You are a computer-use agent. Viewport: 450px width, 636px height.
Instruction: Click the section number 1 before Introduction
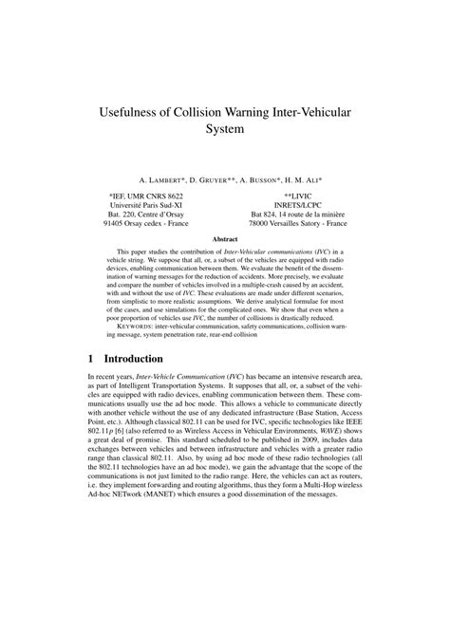[x=90, y=360]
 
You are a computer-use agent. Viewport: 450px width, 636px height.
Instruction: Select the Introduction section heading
[x=138, y=360]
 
